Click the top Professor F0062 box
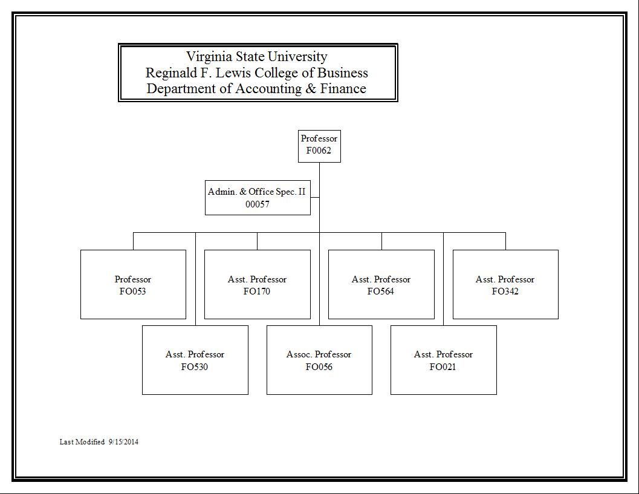319,146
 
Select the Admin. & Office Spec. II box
258,198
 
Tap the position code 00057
258,204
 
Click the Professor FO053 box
133,285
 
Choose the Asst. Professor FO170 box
257,285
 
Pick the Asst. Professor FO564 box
381,285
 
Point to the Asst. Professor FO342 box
506,285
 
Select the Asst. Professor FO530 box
195,360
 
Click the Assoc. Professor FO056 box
319,360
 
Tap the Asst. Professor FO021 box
443,360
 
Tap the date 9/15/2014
123,442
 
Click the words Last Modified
82,442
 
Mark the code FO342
505,291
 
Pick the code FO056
319,367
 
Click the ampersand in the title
311,88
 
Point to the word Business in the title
343,73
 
